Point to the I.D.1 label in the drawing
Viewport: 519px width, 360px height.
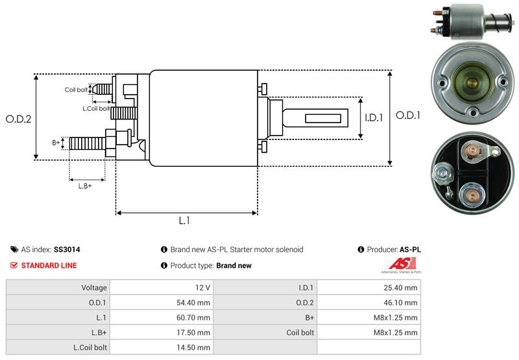pyautogui.click(x=374, y=118)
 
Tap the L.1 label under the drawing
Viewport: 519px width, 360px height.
pyautogui.click(x=184, y=221)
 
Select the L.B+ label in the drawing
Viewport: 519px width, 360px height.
pyautogui.click(x=85, y=186)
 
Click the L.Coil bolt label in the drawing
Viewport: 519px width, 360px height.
pyautogui.click(x=96, y=108)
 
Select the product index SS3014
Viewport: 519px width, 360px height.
pyautogui.click(x=67, y=249)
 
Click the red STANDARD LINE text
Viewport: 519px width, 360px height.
pyautogui.click(x=49, y=265)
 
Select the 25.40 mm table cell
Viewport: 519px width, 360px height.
pyautogui.click(x=402, y=287)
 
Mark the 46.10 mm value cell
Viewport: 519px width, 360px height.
pyautogui.click(x=402, y=302)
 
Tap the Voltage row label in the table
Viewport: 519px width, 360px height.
pyautogui.click(x=94, y=287)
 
